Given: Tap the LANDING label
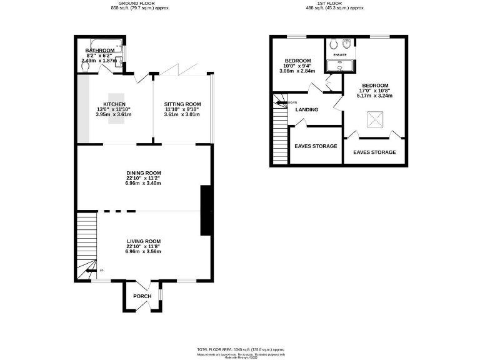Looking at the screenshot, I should [x=307, y=109].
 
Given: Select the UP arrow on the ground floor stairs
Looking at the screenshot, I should [x=91, y=270].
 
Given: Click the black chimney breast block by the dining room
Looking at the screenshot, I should [x=205, y=210].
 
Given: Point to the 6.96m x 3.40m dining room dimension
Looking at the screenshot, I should [x=143, y=183].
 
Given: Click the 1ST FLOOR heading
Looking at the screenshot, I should [x=335, y=3].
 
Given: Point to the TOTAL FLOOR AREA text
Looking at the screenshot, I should [x=240, y=349].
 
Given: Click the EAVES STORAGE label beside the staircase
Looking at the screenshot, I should [x=316, y=146].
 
